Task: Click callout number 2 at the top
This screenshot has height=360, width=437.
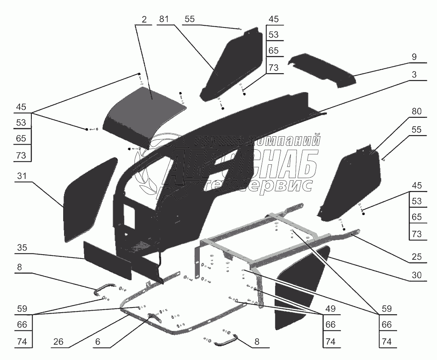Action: [144, 19]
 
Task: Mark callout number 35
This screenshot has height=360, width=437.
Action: [22, 248]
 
